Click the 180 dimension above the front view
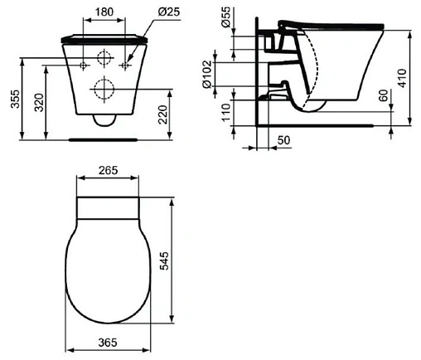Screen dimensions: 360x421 click(x=104, y=13)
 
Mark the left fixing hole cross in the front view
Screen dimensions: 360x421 click(x=84, y=64)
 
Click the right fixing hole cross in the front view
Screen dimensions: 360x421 click(x=125, y=64)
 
